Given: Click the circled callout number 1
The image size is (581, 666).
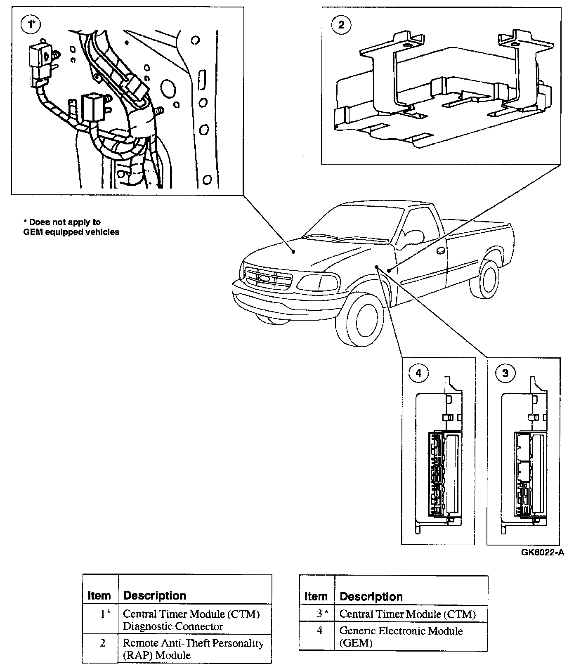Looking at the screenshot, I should click(29, 25).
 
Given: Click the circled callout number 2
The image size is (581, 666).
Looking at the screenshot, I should click(340, 25).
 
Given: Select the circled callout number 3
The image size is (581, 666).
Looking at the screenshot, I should click(505, 373).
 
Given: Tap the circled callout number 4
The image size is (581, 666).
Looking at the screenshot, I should click(419, 373).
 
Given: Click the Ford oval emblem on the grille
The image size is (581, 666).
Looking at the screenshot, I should click(264, 279).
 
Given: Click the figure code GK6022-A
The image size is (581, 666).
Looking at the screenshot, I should click(542, 553).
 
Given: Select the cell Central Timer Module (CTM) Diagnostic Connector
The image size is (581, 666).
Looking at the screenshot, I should click(191, 620).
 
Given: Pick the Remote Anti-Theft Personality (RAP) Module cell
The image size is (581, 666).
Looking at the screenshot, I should click(193, 649).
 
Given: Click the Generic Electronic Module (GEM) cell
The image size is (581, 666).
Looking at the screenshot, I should click(401, 637).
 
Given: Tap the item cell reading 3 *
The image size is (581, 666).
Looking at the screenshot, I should click(322, 614).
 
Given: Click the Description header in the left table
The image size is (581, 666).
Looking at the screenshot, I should click(154, 595).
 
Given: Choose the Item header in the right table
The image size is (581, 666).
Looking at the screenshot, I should click(316, 596).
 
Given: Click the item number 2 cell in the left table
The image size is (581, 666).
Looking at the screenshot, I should click(103, 643).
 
